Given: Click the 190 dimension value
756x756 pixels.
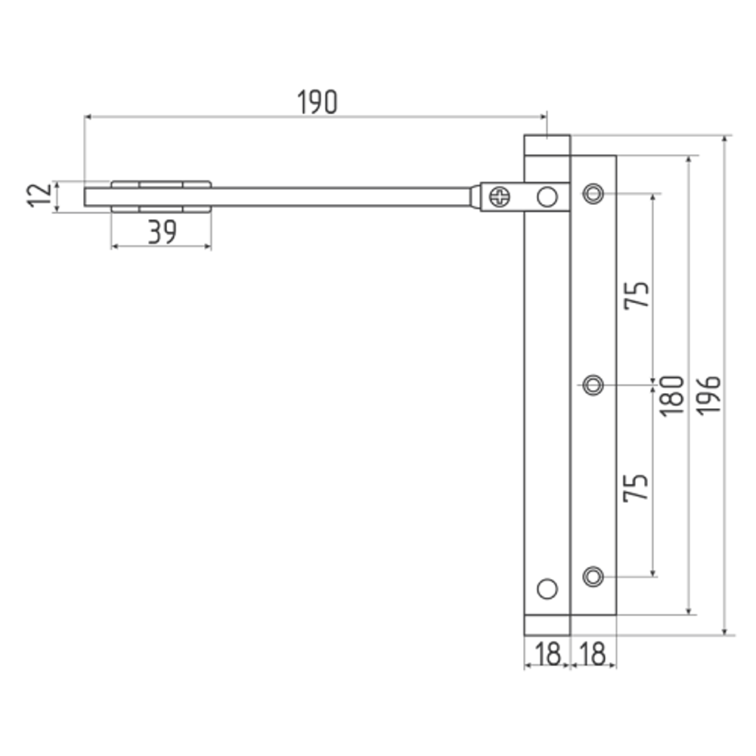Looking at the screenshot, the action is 318,102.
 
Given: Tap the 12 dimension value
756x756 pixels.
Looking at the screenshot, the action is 40,195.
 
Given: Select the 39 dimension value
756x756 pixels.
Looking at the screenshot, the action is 163,232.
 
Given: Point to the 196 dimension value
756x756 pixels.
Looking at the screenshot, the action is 708,395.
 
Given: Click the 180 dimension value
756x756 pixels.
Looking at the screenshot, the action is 671,396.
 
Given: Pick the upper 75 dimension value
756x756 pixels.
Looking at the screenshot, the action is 637,295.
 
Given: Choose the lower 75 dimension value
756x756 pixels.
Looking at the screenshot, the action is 636,488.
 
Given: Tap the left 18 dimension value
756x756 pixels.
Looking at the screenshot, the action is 547,654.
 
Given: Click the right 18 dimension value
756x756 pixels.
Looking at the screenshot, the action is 593,654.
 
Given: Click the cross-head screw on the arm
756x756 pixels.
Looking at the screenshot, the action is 500,197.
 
